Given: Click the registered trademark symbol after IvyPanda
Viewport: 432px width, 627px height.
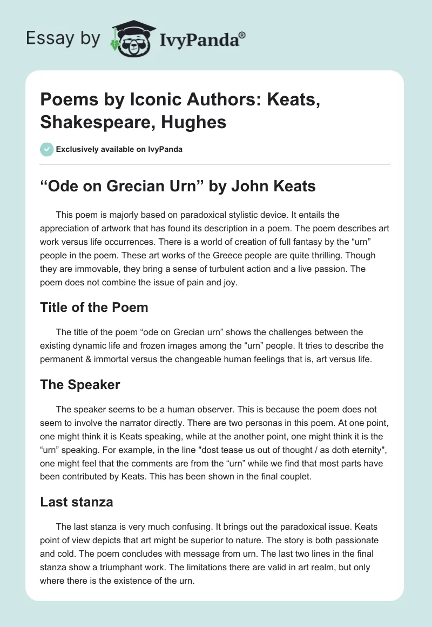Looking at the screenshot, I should click(242, 35).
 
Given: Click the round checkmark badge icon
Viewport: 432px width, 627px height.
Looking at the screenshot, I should click(47, 149).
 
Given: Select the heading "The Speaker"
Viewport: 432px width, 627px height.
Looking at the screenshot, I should click(80, 385).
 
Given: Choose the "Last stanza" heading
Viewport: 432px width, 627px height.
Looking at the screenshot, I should click(76, 502).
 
